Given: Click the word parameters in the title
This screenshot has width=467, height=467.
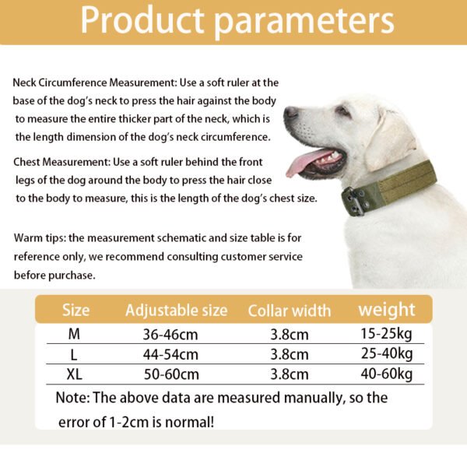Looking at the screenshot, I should pos(305,21).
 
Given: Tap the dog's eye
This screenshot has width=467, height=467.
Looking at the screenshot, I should pos(342,111).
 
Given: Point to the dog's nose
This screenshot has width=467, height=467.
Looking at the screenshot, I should pos(290,114).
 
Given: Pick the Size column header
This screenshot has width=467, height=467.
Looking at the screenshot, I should pos(75,311).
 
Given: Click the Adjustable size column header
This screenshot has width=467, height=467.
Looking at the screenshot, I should pos(176,311).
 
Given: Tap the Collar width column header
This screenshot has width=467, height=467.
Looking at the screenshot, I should pos(289,311).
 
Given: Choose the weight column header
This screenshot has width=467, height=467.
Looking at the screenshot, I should pos(386,309).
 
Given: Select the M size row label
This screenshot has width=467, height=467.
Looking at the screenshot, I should pos(75,335).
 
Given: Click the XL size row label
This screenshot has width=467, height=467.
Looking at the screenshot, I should pos(75,374).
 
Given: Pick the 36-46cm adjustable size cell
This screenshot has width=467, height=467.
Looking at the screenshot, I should pos(171,335).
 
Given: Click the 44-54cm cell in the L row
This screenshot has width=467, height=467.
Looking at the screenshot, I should pos(171,355).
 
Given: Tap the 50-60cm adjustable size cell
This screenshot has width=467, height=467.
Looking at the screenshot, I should pos(171,374).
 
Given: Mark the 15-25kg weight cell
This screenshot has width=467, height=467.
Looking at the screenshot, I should pos(384,335).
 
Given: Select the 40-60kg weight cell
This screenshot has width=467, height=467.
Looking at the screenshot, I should pos(384,374).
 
